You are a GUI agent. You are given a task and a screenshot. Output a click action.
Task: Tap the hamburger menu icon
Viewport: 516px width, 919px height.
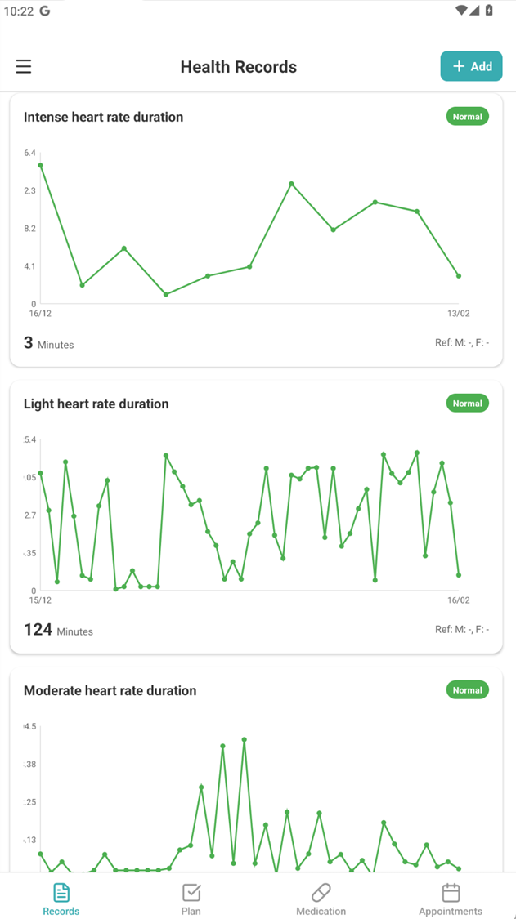pos(24,67)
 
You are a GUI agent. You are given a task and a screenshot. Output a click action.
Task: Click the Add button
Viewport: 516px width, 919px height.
pos(472,66)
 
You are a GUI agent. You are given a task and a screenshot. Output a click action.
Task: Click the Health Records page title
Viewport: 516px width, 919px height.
pos(238,67)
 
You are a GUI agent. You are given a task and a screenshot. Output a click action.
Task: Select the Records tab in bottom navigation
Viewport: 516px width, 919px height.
pos(61,899)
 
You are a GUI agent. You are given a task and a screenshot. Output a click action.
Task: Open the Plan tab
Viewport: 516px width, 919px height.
pos(191,899)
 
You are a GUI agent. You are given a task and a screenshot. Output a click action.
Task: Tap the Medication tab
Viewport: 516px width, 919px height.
pos(321,899)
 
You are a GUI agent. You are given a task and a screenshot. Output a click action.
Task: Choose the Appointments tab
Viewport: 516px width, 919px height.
pos(451,899)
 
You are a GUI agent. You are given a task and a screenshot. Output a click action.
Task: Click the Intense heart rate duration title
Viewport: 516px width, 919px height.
pos(103,117)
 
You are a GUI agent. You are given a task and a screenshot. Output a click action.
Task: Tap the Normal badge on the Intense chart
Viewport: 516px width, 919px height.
pos(467,117)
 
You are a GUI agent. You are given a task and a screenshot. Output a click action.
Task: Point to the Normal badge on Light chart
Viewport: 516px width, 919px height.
pos(467,404)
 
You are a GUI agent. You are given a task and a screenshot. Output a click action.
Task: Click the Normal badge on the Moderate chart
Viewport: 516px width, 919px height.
pos(467,690)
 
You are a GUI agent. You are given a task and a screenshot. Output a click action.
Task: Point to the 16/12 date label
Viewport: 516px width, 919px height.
pos(40,314)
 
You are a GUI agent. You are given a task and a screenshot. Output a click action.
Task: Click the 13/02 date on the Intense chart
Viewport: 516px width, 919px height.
pos(458,314)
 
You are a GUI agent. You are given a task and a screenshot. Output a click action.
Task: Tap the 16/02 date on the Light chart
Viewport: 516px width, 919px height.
pos(458,600)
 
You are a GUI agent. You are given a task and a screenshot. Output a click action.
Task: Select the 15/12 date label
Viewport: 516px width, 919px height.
pos(40,600)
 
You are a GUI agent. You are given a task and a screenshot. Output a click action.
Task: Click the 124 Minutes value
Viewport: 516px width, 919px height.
pos(58,630)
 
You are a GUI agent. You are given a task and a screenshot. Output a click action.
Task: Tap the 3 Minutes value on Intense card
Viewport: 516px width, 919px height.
pos(48,343)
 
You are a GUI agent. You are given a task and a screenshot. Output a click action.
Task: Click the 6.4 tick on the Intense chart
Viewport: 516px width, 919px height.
pos(29,154)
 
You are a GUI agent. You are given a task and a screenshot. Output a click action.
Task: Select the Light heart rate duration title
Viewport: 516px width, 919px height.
pos(96,404)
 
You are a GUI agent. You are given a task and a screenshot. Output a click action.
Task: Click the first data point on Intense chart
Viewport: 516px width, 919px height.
pos(40,166)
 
